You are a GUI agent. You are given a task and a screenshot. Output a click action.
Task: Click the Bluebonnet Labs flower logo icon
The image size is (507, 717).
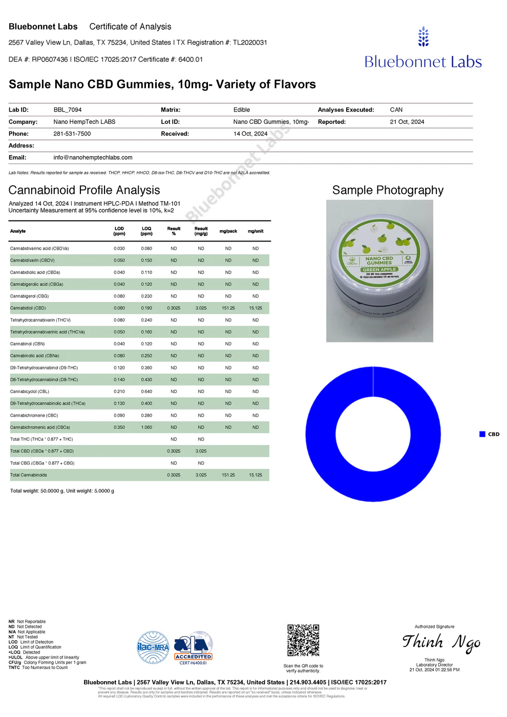tap(424, 37)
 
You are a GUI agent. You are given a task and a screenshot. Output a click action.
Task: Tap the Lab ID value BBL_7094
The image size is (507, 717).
tap(68, 110)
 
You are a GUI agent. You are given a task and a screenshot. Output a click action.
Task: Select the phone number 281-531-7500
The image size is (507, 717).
tap(72, 134)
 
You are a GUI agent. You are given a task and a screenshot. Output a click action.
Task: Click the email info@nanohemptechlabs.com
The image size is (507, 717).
tap(93, 158)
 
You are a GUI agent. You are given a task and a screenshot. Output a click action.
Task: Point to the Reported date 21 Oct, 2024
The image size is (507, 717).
tap(407, 122)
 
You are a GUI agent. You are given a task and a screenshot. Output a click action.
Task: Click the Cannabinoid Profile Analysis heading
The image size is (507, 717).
tap(84, 190)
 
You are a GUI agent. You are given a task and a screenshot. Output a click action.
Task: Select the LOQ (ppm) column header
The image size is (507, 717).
tap(146, 231)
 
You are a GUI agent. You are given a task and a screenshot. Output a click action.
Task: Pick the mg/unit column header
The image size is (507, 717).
tap(256, 231)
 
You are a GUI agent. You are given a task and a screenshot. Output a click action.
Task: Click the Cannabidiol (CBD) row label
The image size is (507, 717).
tap(28, 308)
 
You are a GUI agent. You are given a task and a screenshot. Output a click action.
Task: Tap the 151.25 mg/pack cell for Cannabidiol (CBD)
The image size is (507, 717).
tap(228, 308)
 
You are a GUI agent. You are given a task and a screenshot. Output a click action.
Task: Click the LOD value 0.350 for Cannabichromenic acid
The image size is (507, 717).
tap(119, 427)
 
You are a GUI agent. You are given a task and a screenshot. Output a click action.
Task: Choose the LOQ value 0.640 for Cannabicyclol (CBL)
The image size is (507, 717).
tap(146, 392)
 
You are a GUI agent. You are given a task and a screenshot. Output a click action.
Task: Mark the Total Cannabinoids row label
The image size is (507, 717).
tap(29, 475)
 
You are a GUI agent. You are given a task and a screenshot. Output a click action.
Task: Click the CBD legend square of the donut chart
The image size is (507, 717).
tap(482, 434)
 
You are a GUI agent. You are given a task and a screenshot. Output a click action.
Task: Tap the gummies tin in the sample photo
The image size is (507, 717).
tap(379, 269)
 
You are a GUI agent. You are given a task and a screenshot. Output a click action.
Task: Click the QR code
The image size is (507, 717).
tap(303, 640)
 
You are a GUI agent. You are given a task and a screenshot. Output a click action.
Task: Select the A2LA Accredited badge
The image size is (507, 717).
tap(193, 648)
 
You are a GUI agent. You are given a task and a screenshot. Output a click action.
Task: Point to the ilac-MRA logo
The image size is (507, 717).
tap(153, 647)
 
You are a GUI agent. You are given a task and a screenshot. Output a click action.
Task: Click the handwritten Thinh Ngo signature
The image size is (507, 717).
tap(441, 642)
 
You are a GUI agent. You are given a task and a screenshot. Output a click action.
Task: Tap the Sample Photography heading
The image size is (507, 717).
tap(388, 190)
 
